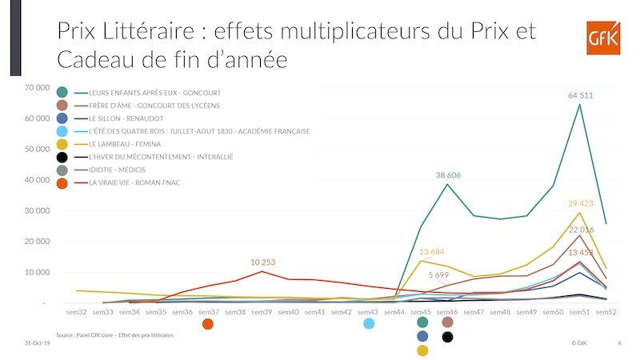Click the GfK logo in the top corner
click(603, 38)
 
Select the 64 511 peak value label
click(581, 95)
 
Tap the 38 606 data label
click(448, 175)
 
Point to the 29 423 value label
click(581, 203)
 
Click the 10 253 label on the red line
click(263, 262)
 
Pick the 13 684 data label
click(431, 252)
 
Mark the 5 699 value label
click(438, 275)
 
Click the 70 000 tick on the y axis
click(37, 87)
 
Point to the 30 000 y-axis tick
click(37, 210)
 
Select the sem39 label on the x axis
click(262, 312)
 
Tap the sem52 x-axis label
click(606, 312)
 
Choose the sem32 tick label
click(76, 312)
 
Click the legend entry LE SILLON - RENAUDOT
click(126, 118)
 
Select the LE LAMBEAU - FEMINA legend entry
click(125, 144)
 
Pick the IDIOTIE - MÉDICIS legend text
click(117, 170)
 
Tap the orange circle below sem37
click(208, 324)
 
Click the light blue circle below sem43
click(369, 324)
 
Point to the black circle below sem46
click(447, 337)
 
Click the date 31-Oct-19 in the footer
click(37, 343)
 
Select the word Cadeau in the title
click(96, 59)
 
